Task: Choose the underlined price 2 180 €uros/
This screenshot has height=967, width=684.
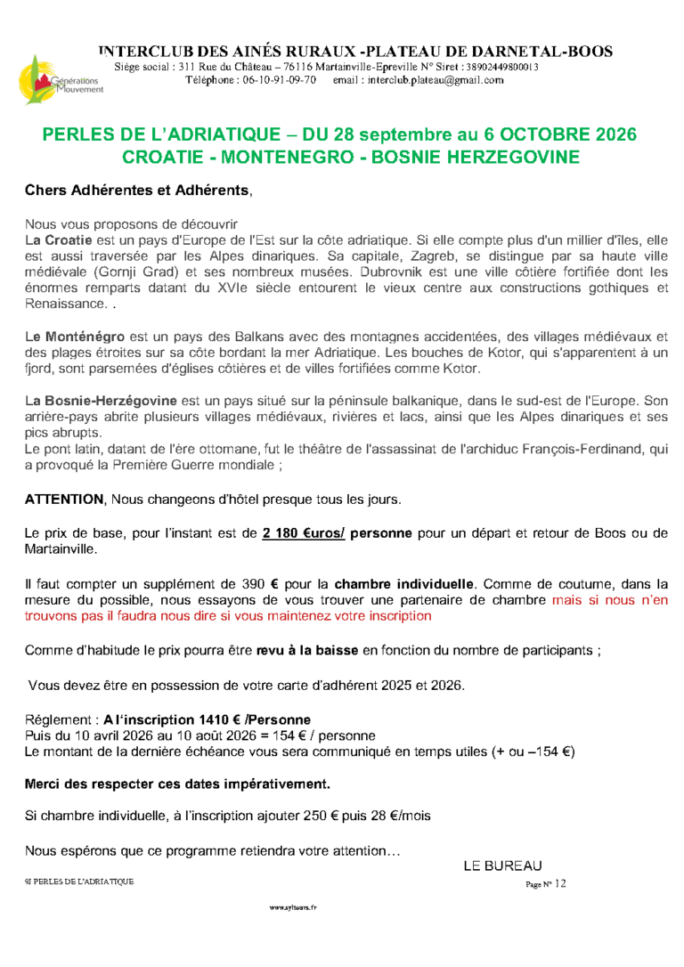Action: click(304, 534)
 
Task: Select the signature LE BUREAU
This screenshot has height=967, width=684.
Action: click(502, 865)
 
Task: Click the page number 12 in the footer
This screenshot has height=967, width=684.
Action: click(559, 883)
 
